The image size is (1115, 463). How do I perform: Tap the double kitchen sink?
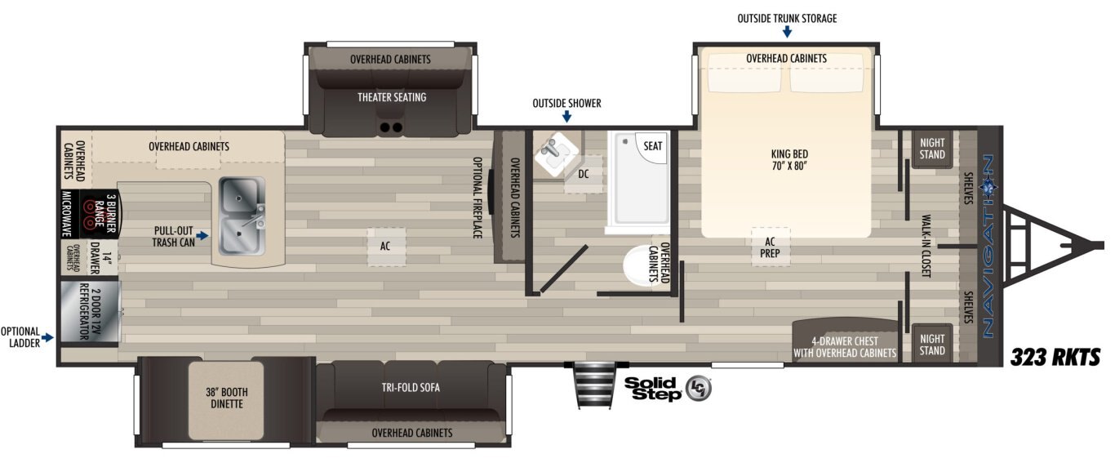click(x=242, y=216)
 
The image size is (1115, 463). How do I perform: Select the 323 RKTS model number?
click(x=1055, y=358)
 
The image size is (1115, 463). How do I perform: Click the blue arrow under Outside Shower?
click(x=566, y=117)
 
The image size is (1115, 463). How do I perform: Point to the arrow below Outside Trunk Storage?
click(x=787, y=31)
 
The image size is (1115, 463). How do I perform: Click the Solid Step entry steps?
click(x=595, y=385)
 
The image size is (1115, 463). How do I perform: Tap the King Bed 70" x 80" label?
click(x=789, y=160)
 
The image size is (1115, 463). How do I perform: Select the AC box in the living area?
click(x=386, y=247)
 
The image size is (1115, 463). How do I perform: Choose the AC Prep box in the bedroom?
click(x=770, y=247)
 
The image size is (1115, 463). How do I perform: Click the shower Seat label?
click(x=652, y=146)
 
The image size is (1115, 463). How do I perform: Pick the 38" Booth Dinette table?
click(x=226, y=400)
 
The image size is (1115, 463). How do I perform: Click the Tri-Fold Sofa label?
click(x=411, y=387)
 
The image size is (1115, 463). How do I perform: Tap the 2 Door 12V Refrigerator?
click(x=90, y=312)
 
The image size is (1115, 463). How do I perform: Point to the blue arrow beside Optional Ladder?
click(x=47, y=337)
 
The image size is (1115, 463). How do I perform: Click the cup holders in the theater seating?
click(x=391, y=127)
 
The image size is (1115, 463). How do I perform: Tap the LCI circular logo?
click(x=698, y=389)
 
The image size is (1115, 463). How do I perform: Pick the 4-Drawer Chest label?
click(x=845, y=341)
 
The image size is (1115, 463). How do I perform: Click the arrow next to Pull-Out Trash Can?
click(x=202, y=235)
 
